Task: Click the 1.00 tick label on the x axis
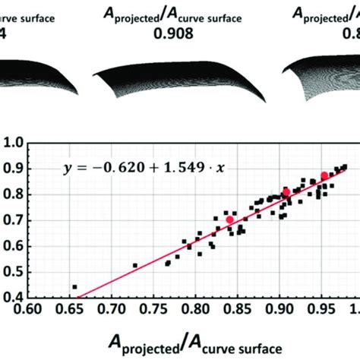(350, 310)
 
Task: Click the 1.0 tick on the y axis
(13, 142)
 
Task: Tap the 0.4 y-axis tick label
(13, 298)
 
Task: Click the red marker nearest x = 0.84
(230, 219)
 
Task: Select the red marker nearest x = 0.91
(286, 192)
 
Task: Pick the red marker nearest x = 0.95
(324, 175)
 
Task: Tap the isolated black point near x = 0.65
(74, 287)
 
